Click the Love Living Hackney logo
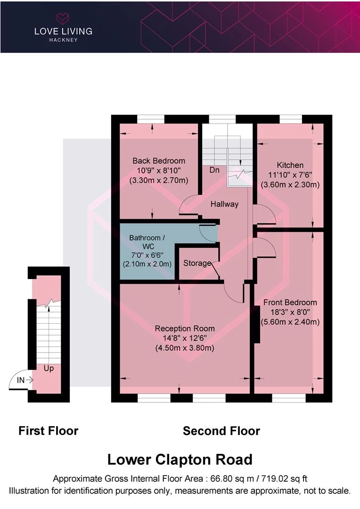[x=63, y=27]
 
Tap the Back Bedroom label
[x=158, y=161]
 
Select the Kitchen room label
[x=290, y=165]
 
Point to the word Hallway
[x=224, y=204]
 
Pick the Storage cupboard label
[x=197, y=263]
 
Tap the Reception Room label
[x=185, y=328]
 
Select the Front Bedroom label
[x=290, y=302]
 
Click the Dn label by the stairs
[x=214, y=170]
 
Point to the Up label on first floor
[x=49, y=368]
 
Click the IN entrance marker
[x=21, y=379]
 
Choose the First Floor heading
[x=48, y=430]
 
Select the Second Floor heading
[x=221, y=430]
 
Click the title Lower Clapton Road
[x=180, y=459]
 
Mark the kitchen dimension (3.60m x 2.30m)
[x=290, y=185]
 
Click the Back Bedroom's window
[x=151, y=119]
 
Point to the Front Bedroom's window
[x=289, y=398]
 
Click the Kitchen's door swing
[x=265, y=216]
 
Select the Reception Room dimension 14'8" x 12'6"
[x=185, y=338]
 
